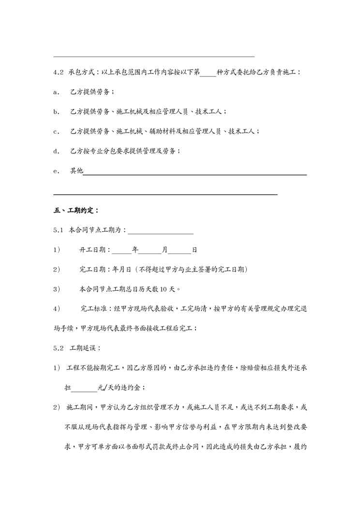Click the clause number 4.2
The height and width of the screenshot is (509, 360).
tap(59, 72)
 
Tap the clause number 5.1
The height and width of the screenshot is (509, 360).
tap(59, 230)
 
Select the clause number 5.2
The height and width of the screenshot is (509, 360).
tap(59, 348)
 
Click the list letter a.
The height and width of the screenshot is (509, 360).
tap(56, 92)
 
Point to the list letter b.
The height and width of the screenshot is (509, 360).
tap(56, 112)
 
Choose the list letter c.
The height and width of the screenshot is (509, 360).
tap(56, 131)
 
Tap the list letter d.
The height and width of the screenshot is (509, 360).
tap(56, 151)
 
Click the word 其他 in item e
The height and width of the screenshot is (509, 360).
tap(76, 171)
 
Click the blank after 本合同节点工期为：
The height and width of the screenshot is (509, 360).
tap(161, 232)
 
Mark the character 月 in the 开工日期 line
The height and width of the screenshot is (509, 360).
tap(165, 250)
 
